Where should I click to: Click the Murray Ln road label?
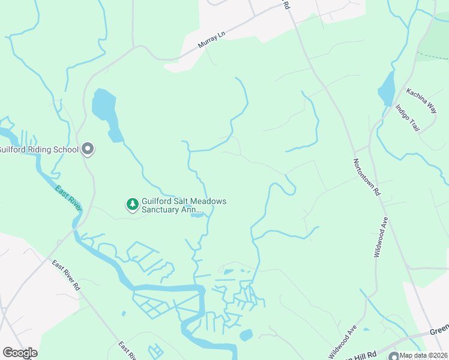click(211, 41)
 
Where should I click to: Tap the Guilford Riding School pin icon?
click(88, 149)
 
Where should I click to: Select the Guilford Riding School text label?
click(38, 149)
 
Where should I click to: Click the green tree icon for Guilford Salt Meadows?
click(132, 205)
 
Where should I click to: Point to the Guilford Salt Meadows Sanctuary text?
click(184, 205)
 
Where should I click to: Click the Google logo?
click(20, 353)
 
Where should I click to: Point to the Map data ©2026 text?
click(424, 355)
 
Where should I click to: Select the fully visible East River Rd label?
click(66, 275)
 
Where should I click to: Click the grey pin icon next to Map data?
click(394, 355)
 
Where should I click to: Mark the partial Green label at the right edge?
click(439, 329)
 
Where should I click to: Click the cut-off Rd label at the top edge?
click(286, 4)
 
